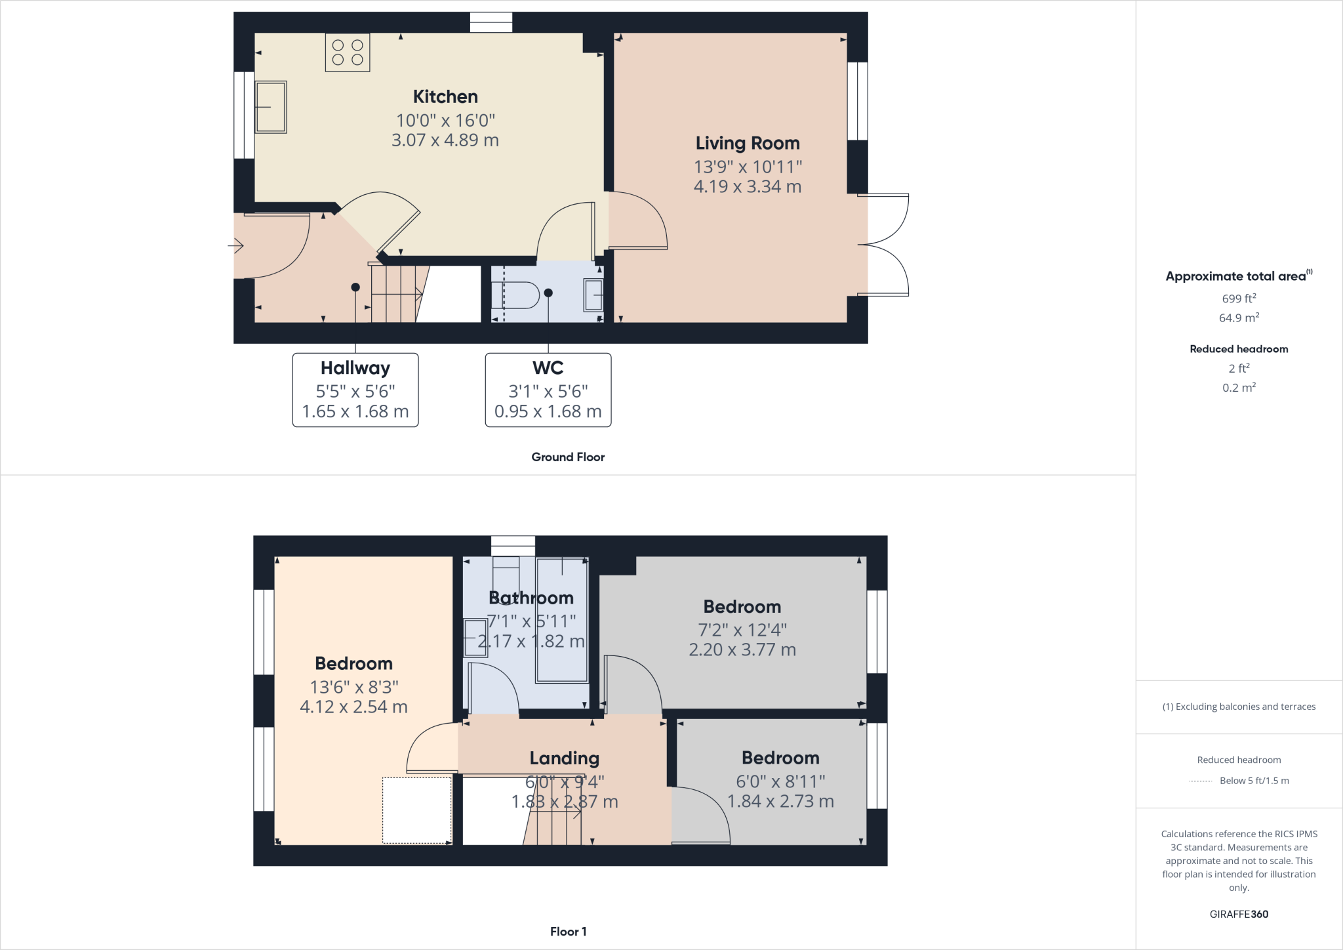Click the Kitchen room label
[x=445, y=97]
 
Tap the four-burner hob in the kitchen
[x=348, y=52]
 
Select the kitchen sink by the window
[x=270, y=107]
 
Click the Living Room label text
[x=748, y=143]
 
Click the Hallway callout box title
[x=355, y=368]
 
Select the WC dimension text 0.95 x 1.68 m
[x=548, y=411]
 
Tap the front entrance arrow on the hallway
[x=236, y=246]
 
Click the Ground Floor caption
[x=568, y=457]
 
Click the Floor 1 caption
[x=568, y=932]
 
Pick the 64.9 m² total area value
[x=1239, y=318]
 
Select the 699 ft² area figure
[x=1239, y=299]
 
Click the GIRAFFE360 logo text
[x=1239, y=914]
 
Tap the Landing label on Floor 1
[x=565, y=758]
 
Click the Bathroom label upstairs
[x=531, y=598]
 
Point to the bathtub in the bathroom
[x=562, y=620]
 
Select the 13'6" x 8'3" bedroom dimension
[x=354, y=687]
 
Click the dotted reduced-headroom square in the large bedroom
[x=417, y=810]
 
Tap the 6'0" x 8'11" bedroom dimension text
[x=780, y=781]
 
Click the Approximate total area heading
[x=1237, y=276]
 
